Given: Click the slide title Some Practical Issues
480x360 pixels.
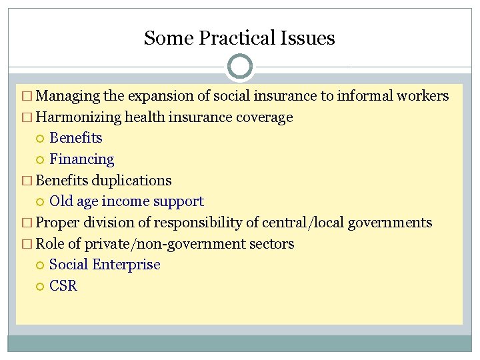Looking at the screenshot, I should [x=239, y=38].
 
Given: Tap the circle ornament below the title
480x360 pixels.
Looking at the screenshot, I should [x=240, y=67].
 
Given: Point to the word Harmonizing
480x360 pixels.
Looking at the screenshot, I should [x=78, y=117].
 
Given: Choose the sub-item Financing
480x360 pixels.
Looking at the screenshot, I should [x=82, y=159].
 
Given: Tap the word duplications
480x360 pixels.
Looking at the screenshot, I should [x=131, y=181].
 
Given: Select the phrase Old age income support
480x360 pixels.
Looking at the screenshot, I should [x=127, y=201].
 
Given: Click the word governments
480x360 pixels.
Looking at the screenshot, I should [x=395, y=223].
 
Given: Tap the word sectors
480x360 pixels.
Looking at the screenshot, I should [x=271, y=244].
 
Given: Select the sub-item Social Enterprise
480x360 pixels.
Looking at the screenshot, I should [x=105, y=265].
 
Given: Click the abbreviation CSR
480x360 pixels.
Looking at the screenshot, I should [x=63, y=286].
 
